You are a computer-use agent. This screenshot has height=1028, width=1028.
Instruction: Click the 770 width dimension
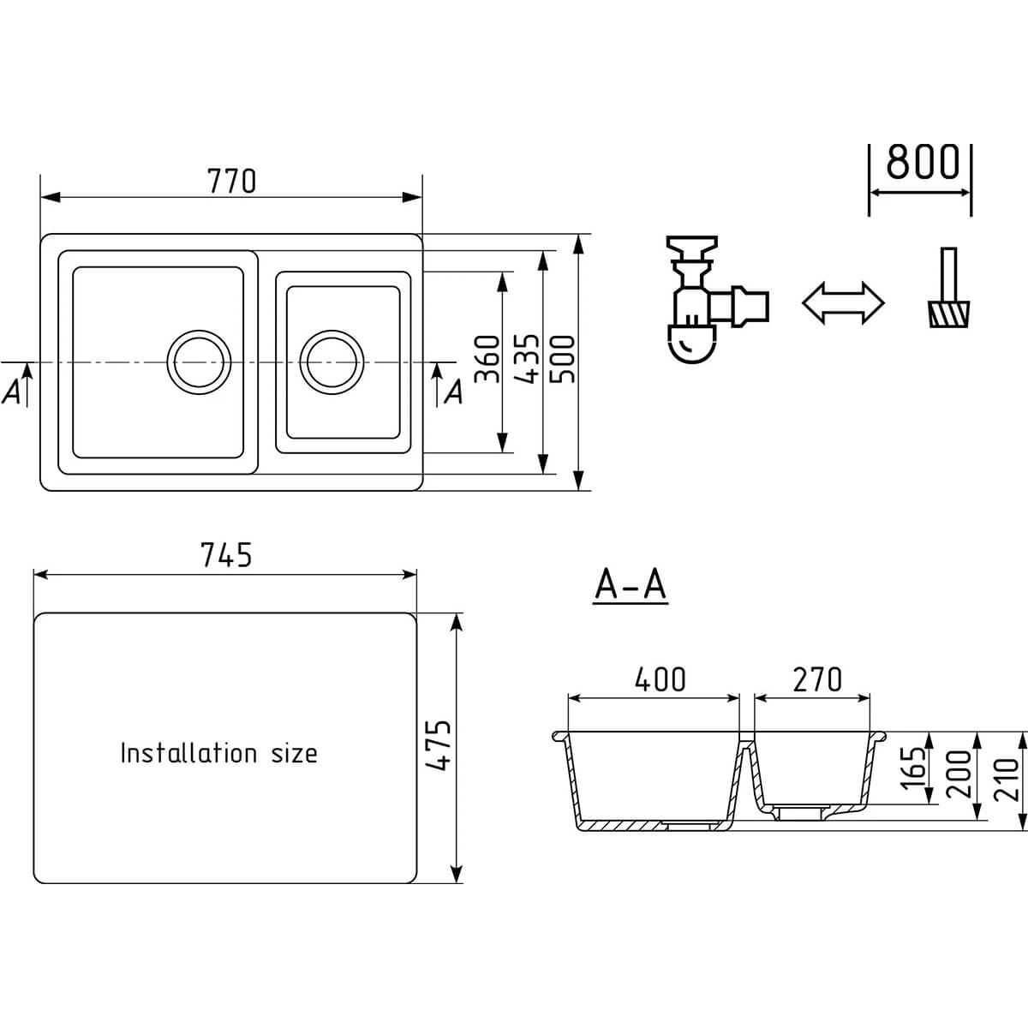tap(231, 182)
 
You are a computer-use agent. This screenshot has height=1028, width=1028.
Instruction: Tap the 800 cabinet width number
tap(923, 162)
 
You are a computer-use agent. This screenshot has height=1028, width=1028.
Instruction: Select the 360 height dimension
tap(487, 358)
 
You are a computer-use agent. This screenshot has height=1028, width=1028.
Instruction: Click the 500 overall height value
tap(562, 359)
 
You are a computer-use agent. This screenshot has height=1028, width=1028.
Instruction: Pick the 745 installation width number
tap(225, 555)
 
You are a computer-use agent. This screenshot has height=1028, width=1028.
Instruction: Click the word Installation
tap(188, 753)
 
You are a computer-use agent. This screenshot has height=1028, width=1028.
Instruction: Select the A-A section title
tap(630, 585)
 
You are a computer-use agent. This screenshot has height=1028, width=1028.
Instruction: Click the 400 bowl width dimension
tap(660, 679)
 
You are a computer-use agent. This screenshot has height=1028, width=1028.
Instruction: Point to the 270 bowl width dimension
tap(817, 679)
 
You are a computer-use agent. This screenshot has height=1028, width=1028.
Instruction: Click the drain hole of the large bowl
tap(199, 362)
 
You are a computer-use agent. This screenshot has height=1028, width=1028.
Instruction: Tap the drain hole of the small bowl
tap(332, 362)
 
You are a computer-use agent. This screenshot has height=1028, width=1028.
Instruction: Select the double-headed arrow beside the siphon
tap(844, 303)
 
